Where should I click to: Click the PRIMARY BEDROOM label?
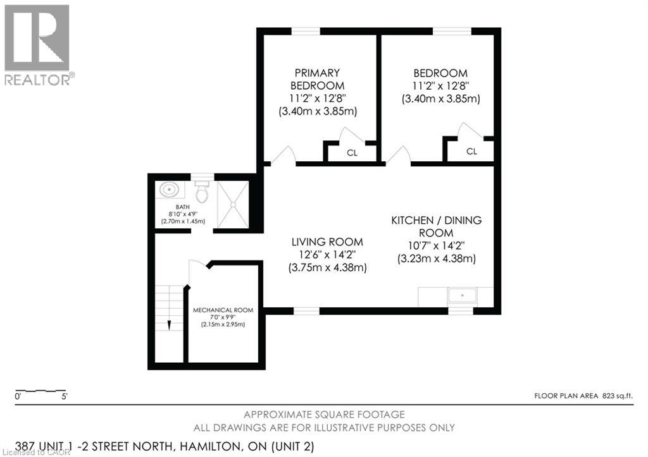(317, 79)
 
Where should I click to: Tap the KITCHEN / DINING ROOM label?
(436, 227)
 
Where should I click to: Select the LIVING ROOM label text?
(327, 241)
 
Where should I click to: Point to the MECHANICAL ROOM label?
(223, 310)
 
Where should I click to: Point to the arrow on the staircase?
(170, 324)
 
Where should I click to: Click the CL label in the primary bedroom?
(351, 152)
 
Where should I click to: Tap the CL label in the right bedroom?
(471, 151)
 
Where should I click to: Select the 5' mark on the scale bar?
(64, 397)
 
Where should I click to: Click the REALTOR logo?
(38, 44)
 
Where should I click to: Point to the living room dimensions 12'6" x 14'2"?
(327, 255)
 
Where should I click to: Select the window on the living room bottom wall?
(306, 310)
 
